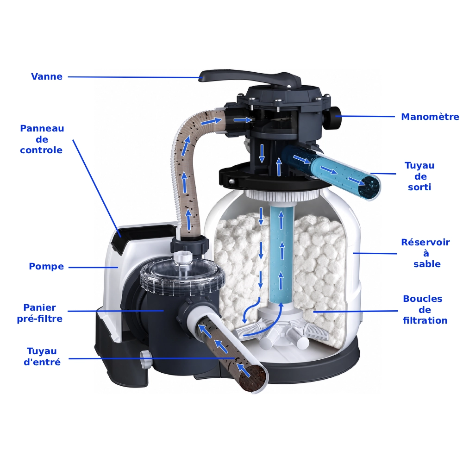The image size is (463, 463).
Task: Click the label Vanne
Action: point(47,76)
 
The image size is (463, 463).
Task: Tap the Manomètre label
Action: point(430,117)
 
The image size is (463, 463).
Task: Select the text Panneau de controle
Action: point(42,139)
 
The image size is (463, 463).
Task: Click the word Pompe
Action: point(46,266)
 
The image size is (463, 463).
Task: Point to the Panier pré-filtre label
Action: point(39,313)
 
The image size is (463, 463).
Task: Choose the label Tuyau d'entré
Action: point(42,357)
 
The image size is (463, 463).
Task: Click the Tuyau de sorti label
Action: point(419,176)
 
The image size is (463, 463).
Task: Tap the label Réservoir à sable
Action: point(425,253)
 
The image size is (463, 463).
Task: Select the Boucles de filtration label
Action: point(425,309)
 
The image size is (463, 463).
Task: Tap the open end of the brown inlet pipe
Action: point(253,378)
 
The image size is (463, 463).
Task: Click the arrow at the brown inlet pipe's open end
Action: point(244,370)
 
